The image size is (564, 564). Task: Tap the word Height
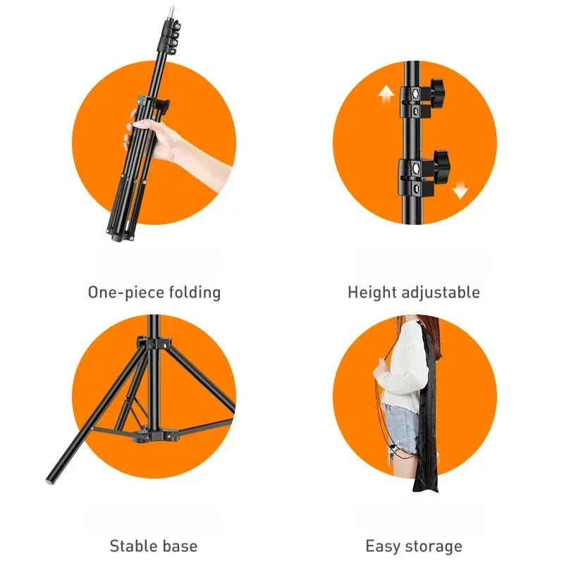(x=372, y=292)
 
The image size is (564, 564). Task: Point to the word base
(x=180, y=546)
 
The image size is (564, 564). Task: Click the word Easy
(x=383, y=546)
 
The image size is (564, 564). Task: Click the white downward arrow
(x=460, y=189)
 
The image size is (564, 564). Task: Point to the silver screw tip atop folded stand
(x=168, y=11)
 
